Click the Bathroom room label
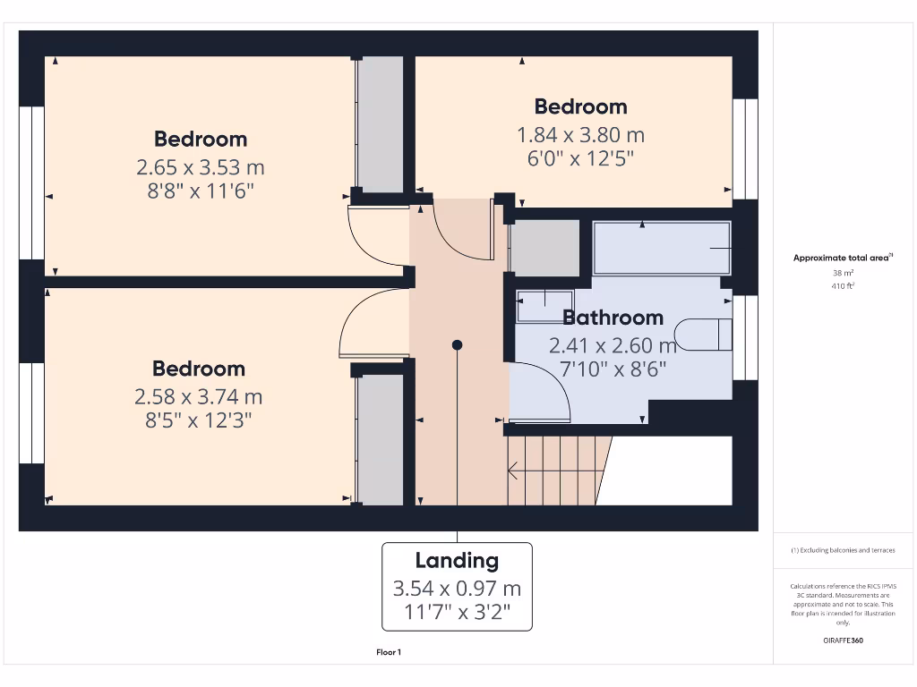tap(613, 318)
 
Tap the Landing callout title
tap(457, 561)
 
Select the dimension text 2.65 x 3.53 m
tap(201, 167)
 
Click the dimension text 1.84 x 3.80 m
tap(580, 135)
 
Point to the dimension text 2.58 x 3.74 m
tap(199, 396)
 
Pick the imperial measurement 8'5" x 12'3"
tap(199, 420)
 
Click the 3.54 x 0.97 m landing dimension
tap(457, 589)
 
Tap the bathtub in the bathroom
tap(662, 248)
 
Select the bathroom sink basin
tap(544, 306)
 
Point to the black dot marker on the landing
tap(457, 344)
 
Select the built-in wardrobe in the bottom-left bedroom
tap(381, 438)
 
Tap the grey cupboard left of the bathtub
tap(544, 248)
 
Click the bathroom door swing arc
tap(546, 389)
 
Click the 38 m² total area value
tap(842, 273)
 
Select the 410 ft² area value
tap(842, 286)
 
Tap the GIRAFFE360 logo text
tap(842, 640)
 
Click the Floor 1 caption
tap(389, 652)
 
